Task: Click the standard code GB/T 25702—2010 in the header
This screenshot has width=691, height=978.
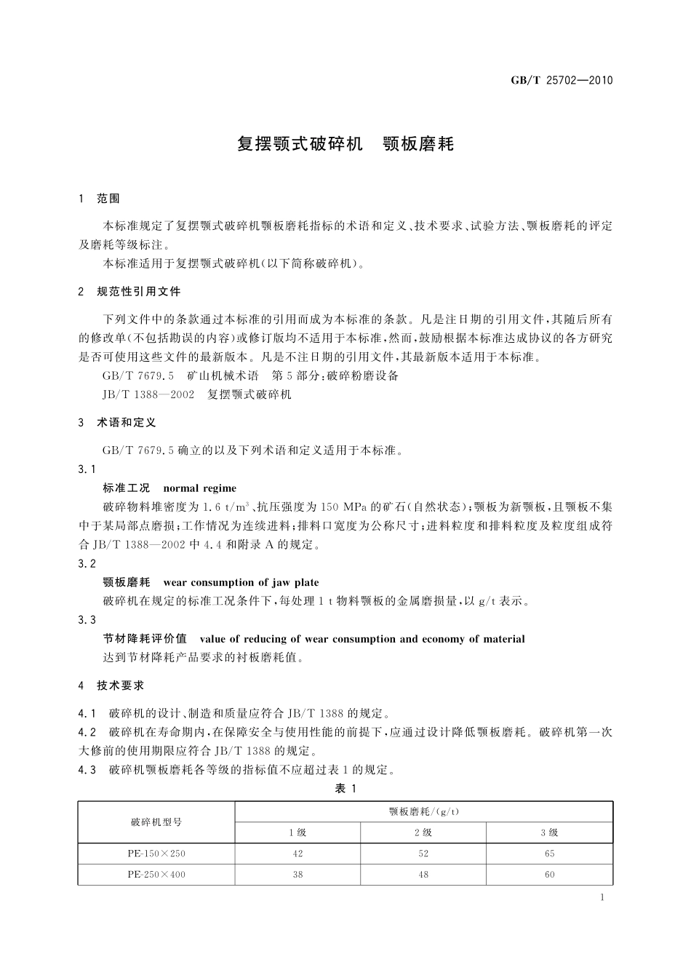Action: (562, 80)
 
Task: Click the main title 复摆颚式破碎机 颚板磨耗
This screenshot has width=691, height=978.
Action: (345, 144)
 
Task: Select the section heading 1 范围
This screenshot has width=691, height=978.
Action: (99, 199)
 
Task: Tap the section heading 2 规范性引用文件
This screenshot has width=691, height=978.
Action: (129, 292)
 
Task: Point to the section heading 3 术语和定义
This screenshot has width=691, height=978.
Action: (117, 423)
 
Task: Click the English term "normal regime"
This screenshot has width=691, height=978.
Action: (200, 488)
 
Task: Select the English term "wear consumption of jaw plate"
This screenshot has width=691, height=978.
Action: (241, 582)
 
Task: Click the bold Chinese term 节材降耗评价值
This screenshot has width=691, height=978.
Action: (145, 639)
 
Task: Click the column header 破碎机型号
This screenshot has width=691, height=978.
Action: (156, 822)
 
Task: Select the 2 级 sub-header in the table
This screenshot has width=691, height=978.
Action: (423, 832)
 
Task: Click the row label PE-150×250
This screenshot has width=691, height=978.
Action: (156, 854)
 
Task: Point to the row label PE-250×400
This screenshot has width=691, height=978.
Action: (156, 874)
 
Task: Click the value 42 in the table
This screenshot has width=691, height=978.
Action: (297, 854)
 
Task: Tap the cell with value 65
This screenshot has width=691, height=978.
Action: (549, 854)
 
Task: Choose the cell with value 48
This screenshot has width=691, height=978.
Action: (423, 874)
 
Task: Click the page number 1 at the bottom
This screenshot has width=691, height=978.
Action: (603, 897)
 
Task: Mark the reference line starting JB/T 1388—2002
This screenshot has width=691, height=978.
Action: (197, 394)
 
